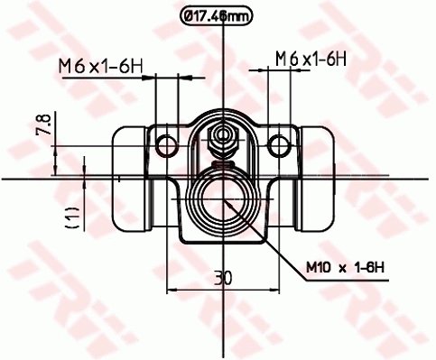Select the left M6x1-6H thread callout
coord(102,65)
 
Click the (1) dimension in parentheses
coord(72,216)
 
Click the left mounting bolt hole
coord(165,145)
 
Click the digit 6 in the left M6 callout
coord(78,65)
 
